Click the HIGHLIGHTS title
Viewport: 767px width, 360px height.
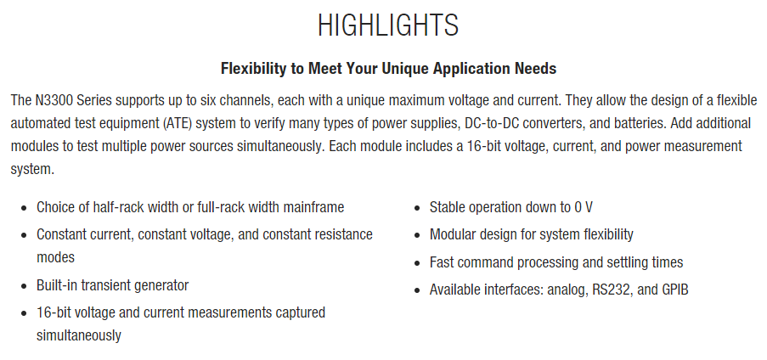pos(388,25)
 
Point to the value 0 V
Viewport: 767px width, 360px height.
pos(584,207)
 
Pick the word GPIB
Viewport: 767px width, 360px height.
pos(675,290)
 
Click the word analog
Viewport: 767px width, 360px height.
pos(568,290)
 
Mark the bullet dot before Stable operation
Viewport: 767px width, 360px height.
pos(417,208)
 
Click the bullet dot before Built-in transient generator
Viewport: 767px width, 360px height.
pos(24,286)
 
